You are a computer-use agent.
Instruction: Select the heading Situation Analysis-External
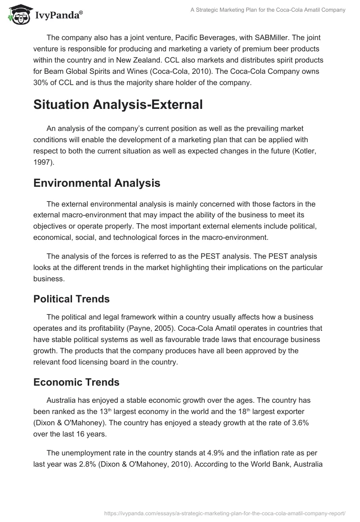click(112, 104)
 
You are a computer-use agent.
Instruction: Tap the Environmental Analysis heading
click(96, 183)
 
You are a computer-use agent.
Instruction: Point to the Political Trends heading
click(72, 298)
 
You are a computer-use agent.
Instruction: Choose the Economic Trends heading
click(76, 382)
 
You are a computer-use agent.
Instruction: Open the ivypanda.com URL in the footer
click(225, 513)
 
